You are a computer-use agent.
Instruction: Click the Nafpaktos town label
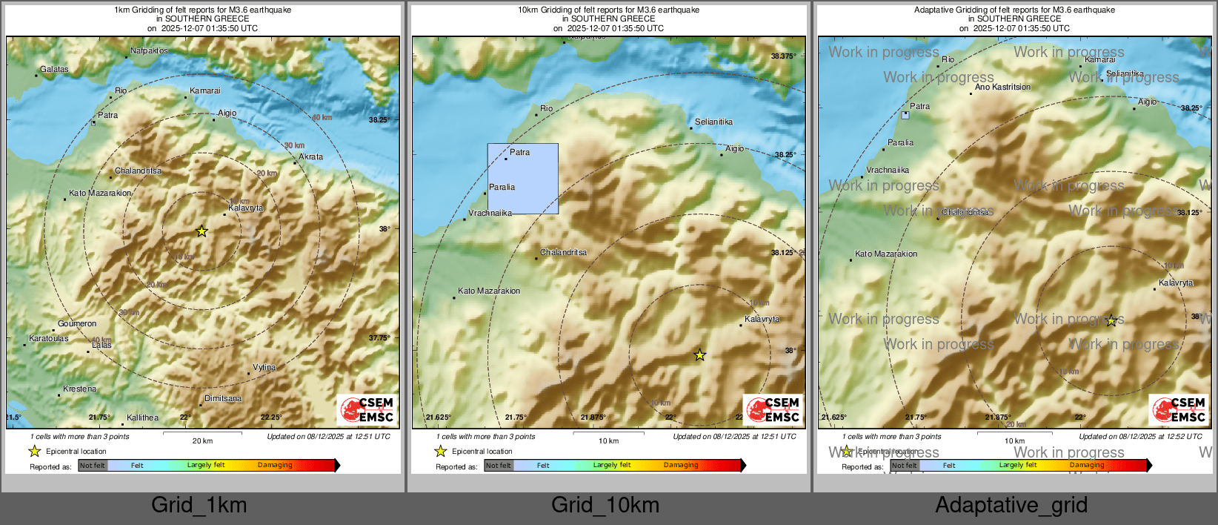pos(149,51)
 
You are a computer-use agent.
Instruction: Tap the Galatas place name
pos(54,70)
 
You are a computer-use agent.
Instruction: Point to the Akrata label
pos(311,157)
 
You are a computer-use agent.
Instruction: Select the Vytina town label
pos(264,368)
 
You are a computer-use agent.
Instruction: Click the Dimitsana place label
pos(223,399)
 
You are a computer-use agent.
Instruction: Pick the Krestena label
pos(80,389)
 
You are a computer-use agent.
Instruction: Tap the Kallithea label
pos(142,418)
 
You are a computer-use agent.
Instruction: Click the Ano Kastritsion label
pos(1002,87)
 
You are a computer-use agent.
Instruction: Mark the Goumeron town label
pos(77,324)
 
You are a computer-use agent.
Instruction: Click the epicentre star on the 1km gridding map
pos(202,231)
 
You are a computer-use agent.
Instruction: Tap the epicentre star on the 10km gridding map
pos(699,355)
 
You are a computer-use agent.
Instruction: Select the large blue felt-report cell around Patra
pos(523,179)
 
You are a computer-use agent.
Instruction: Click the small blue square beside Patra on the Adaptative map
pos(905,116)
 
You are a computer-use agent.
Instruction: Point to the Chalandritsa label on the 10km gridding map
pos(563,253)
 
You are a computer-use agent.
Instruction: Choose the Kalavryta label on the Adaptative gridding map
pos(1176,283)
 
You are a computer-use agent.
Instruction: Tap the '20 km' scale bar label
pos(202,441)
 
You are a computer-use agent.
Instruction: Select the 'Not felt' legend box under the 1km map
pos(93,466)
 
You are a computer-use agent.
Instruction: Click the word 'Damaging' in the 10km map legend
pos(681,466)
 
